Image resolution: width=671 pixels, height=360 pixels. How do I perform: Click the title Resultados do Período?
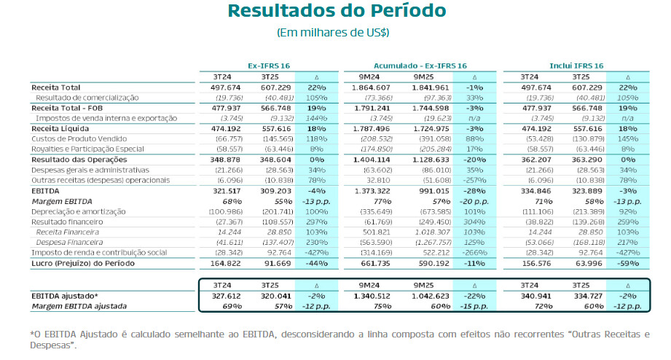coord(337,12)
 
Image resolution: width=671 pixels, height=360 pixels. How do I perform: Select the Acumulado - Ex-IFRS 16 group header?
coord(420,66)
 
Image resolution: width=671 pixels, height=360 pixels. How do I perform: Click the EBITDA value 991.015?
coord(432,190)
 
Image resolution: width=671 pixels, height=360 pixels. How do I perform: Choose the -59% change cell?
coord(627,263)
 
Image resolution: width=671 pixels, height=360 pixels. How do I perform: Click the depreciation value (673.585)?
coord(431,211)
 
